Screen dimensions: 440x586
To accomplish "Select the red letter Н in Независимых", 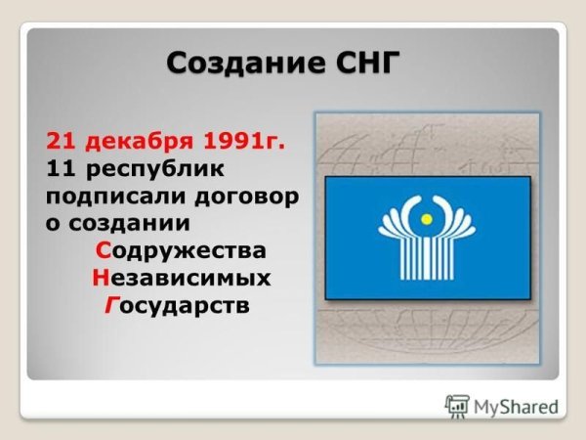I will pyautogui.click(x=100, y=279).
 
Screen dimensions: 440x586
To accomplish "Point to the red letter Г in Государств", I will pyautogui.click(x=110, y=306).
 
